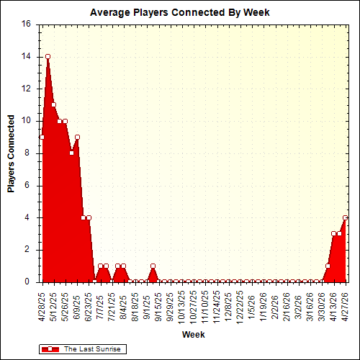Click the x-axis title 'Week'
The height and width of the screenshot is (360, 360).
click(x=192, y=335)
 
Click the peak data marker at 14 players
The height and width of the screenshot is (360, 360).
click(x=48, y=56)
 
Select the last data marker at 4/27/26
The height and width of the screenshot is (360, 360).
click(x=346, y=217)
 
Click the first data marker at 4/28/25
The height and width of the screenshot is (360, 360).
click(x=42, y=137)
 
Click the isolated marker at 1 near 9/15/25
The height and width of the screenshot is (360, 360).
click(x=153, y=266)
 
